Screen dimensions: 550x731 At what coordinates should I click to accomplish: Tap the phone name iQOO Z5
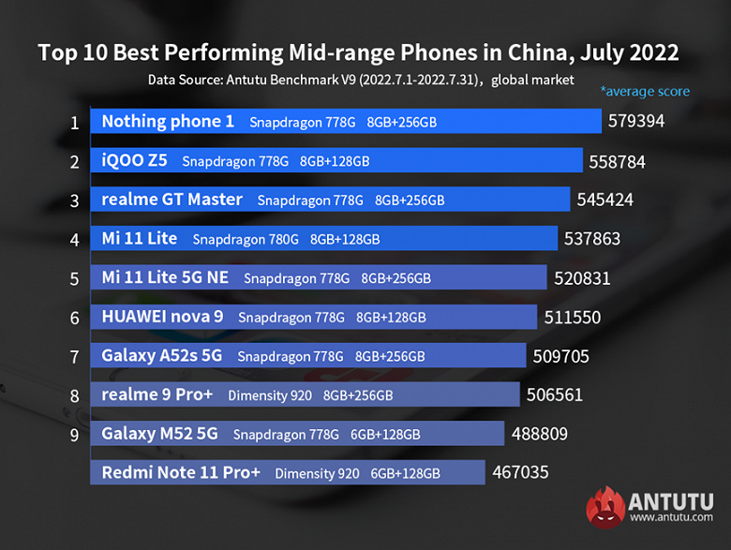click(x=134, y=160)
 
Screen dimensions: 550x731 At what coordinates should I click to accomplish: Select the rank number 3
click(x=74, y=200)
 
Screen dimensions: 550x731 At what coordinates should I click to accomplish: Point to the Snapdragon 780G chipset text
click(x=246, y=239)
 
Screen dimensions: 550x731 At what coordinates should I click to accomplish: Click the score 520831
click(x=582, y=278)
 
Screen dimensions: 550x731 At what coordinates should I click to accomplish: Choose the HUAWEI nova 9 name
click(x=162, y=317)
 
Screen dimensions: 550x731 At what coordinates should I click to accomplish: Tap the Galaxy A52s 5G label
click(x=161, y=356)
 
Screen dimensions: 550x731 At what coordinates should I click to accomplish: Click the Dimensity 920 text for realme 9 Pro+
click(x=270, y=395)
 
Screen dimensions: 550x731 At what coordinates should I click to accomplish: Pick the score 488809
click(x=540, y=434)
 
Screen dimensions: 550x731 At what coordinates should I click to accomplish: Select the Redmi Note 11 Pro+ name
click(x=181, y=473)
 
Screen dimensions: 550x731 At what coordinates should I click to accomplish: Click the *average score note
click(x=645, y=92)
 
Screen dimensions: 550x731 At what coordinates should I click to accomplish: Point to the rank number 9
click(x=74, y=434)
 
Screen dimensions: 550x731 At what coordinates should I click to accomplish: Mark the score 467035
click(x=520, y=473)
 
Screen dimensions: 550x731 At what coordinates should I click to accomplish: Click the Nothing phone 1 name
click(x=168, y=122)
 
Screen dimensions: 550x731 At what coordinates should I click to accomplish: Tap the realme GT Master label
click(x=172, y=200)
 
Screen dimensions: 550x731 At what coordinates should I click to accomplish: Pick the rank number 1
click(x=74, y=122)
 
